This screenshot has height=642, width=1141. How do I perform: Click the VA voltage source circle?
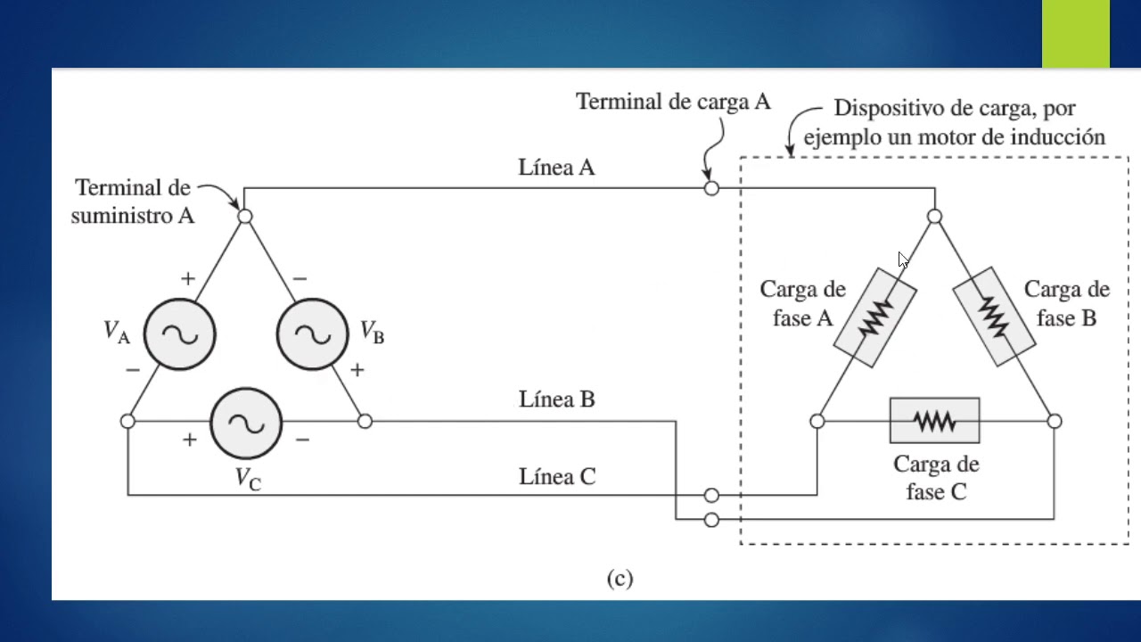tap(179, 333)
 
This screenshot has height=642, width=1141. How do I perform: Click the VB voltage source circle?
tap(312, 333)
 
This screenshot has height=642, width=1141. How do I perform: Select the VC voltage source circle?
tap(246, 422)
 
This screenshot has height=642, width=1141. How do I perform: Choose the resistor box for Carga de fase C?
tap(934, 421)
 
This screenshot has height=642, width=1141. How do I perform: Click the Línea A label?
tap(556, 167)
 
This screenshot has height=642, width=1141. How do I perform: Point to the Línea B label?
tap(556, 399)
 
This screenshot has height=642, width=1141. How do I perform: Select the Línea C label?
tap(556, 477)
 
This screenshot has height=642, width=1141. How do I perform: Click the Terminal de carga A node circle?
tap(710, 188)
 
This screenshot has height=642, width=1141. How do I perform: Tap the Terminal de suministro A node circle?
tap(245, 216)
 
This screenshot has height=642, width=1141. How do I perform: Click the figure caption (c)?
tap(620, 579)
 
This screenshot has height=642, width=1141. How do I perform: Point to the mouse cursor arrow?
tap(902, 259)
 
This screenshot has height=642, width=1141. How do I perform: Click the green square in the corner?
tap(1076, 34)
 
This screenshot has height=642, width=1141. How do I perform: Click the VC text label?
tap(248, 478)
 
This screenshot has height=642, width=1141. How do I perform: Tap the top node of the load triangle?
tap(934, 216)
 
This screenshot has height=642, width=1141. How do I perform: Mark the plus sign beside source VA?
tap(187, 278)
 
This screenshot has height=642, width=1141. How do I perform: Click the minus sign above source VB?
tap(300, 278)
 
